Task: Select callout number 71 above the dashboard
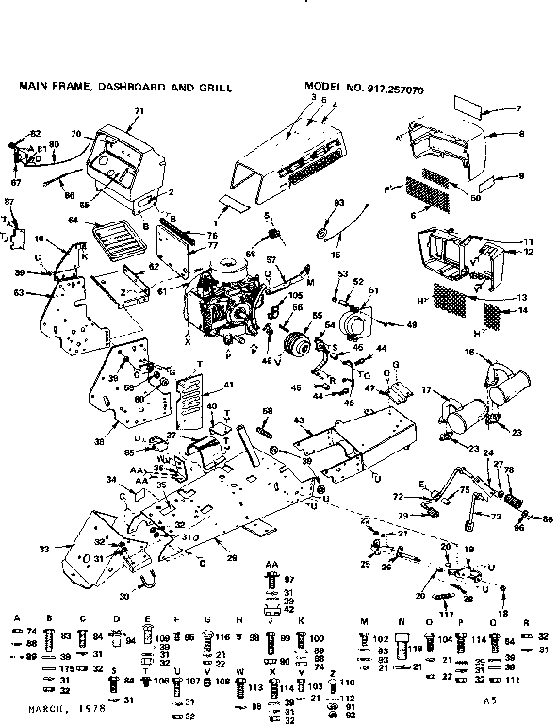click(x=139, y=111)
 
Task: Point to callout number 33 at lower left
click(x=42, y=549)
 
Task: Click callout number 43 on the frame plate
click(x=298, y=419)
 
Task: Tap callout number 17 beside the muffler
click(x=426, y=389)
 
